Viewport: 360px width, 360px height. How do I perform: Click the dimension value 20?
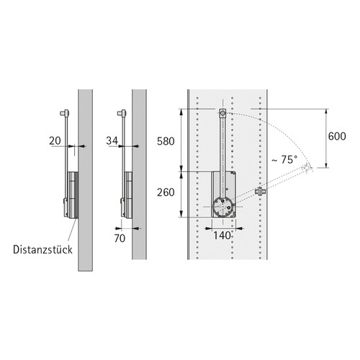pyautogui.click(x=55, y=140)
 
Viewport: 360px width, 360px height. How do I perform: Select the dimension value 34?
pyautogui.click(x=112, y=140)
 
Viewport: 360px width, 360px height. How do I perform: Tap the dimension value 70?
pyautogui.click(x=120, y=238)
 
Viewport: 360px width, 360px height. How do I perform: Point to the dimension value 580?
pyautogui.click(x=166, y=141)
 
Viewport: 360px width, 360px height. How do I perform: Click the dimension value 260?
pyautogui.click(x=166, y=192)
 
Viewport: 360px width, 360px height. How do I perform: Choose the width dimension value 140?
pyautogui.click(x=222, y=235)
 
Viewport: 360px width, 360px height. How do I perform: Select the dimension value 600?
pyautogui.click(x=337, y=136)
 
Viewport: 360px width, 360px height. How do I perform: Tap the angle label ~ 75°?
pyautogui.click(x=284, y=160)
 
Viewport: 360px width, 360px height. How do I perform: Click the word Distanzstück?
pyautogui.click(x=42, y=250)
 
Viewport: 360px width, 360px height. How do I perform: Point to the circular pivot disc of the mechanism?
pyautogui.click(x=223, y=207)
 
